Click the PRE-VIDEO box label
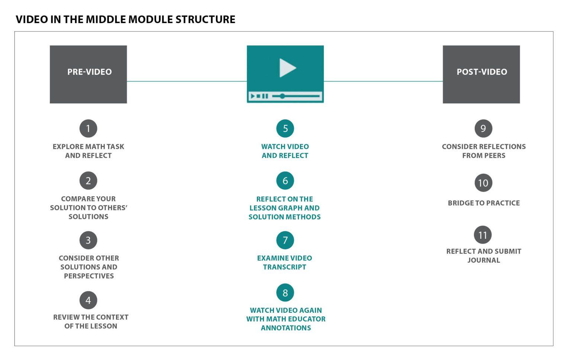pyautogui.click(x=90, y=72)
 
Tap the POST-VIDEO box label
pyautogui.click(x=482, y=72)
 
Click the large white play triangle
pyautogui.click(x=287, y=68)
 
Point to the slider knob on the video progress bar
pyautogui.click(x=282, y=96)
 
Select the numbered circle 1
pyautogui.click(x=88, y=129)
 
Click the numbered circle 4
pyautogui.click(x=88, y=300)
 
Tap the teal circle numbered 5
pyautogui.click(x=285, y=129)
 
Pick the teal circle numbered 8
pyautogui.click(x=285, y=292)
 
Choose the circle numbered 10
pyautogui.click(x=483, y=183)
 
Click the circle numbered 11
pyautogui.click(x=483, y=235)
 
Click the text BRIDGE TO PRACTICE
pyautogui.click(x=484, y=203)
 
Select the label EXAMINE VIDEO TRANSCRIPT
pyautogui.click(x=284, y=263)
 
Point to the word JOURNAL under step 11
pyautogui.click(x=484, y=260)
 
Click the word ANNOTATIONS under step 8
pyautogui.click(x=286, y=328)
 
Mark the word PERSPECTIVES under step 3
pyautogui.click(x=89, y=276)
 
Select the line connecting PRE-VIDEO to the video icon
pyautogui.click(x=187, y=81)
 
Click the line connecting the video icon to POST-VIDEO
pyautogui.click(x=383, y=81)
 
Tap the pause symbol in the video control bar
pyautogui.click(x=265, y=96)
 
